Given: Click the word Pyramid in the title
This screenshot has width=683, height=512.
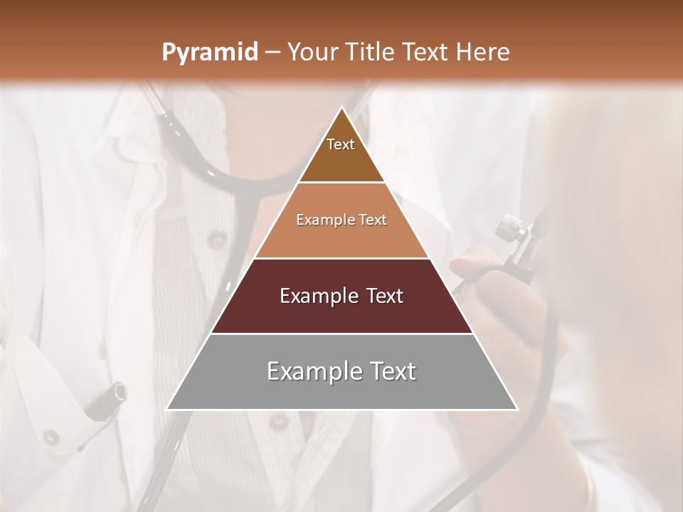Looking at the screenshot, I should (210, 53).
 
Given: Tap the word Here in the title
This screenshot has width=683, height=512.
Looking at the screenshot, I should (483, 52).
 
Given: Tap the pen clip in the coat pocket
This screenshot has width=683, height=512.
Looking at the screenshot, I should (107, 398).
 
